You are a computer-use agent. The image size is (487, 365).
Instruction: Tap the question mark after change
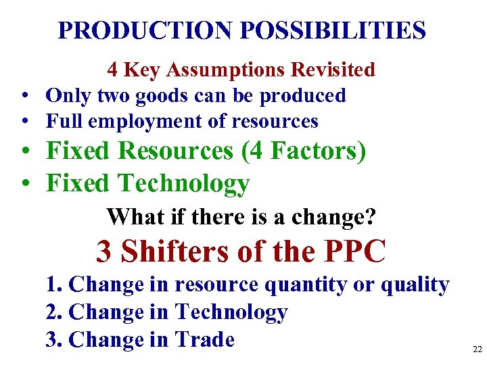click(371, 218)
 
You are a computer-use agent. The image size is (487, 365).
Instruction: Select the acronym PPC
click(355, 252)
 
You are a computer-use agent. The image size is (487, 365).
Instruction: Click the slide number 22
click(478, 349)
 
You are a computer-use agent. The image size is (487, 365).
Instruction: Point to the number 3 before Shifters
click(104, 252)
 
